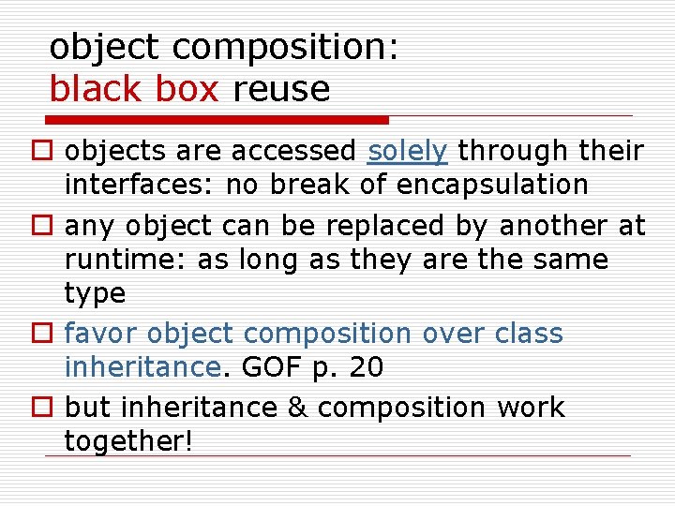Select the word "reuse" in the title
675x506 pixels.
282,90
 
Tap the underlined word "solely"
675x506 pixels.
408,151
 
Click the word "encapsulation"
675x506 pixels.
492,185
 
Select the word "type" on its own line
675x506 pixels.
95,294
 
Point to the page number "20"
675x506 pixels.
366,368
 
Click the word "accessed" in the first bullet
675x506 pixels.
293,151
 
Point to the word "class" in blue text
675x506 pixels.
530,334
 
